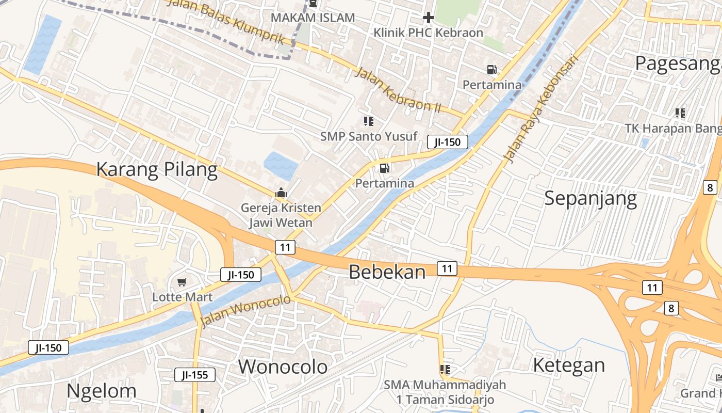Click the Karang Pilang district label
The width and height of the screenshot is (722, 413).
point(157,169)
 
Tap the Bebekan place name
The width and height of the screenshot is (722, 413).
point(387,272)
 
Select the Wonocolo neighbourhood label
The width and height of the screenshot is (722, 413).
point(283,367)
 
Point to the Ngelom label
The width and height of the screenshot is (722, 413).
point(102,391)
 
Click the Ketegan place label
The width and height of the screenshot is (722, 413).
point(568,365)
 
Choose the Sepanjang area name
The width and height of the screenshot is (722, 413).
point(590,198)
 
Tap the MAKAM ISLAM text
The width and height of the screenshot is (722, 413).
point(313,18)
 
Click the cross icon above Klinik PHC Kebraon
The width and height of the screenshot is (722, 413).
point(428,18)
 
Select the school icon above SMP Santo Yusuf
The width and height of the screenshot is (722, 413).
point(368,121)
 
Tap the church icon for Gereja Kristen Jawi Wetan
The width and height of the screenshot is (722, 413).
point(281,194)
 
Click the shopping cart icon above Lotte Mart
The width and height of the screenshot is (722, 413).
point(182,282)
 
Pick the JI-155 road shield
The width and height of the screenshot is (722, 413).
point(194,375)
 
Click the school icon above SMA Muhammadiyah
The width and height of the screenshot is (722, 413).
point(445,370)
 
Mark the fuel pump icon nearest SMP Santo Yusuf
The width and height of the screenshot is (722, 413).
point(384,168)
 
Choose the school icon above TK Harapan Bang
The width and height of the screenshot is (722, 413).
point(680,113)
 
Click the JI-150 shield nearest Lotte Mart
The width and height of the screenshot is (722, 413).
point(241,275)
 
